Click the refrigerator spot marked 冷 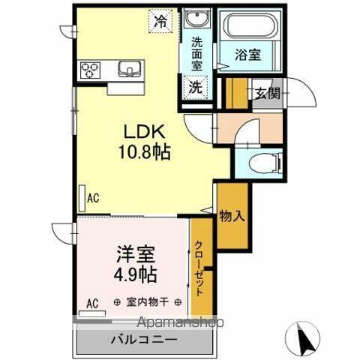click(160, 22)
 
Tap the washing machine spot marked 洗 click(195, 86)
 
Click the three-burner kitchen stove click(91, 71)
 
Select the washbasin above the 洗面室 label click(198, 19)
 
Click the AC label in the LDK click(93, 198)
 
